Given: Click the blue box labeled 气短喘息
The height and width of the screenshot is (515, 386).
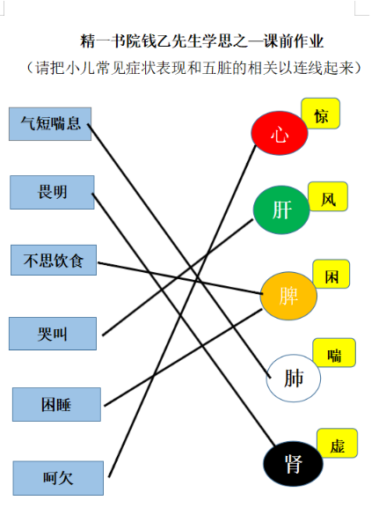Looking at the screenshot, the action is click(50, 124).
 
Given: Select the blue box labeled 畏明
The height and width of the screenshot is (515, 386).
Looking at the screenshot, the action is click(52, 192).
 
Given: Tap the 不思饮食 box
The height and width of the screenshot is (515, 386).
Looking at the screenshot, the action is click(54, 260).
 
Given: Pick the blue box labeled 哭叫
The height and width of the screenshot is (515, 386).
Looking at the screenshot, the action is click(53, 334).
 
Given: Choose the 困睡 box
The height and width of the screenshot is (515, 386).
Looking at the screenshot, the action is click(56, 404).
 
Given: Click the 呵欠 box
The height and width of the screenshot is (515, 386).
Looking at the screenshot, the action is click(58, 478).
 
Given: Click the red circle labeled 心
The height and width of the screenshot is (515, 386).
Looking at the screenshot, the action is click(280, 133).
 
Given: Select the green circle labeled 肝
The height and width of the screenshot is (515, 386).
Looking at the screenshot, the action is click(281, 210).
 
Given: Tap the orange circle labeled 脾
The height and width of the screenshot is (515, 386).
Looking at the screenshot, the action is click(288, 296).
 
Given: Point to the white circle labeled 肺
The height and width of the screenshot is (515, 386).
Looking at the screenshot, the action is click(293, 378).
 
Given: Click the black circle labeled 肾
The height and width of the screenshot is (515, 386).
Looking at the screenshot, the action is click(293, 464).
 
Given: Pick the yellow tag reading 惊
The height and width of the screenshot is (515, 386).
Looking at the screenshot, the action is click(320, 114).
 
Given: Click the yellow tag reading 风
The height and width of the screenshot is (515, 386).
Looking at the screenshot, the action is click(328, 196).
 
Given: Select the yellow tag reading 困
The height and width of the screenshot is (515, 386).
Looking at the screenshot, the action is click(331, 274).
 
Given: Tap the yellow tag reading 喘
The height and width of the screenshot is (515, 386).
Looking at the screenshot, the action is click(334, 352).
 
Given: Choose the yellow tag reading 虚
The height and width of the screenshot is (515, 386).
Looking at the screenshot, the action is click(337, 443).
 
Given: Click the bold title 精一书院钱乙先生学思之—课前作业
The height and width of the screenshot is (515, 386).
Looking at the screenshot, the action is click(202, 41).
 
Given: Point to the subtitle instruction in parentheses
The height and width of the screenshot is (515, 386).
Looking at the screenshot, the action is click(193, 68).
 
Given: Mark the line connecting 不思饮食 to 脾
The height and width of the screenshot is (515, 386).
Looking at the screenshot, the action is click(179, 278).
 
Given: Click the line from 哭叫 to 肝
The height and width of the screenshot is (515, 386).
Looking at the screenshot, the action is click(178, 277).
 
